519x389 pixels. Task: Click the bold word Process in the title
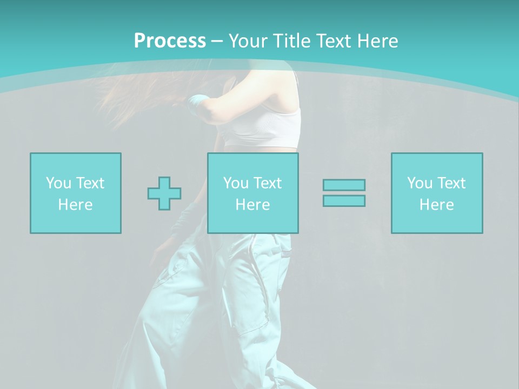pos(170,41)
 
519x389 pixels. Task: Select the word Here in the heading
pos(378,41)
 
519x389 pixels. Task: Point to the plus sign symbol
pos(164,193)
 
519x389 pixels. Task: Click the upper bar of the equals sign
pos(344,185)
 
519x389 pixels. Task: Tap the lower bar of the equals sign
pos(344,200)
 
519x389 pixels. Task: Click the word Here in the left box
pos(75,205)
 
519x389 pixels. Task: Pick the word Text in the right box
pos(451,183)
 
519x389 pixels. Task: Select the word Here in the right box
pos(436,205)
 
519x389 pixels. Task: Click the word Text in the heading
pos(335,41)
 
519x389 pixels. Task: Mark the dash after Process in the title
pos(217,41)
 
